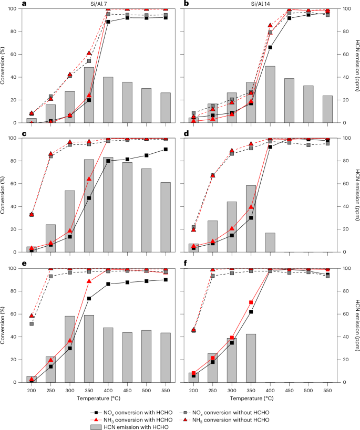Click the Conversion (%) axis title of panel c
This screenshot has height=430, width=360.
pos(6,195)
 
